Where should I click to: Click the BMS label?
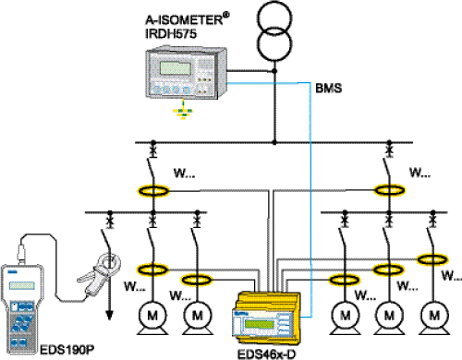[329, 89]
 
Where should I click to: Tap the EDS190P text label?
[67, 350]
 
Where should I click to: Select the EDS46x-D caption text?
[266, 354]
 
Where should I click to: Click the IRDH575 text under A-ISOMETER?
[171, 33]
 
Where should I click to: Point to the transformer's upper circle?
[274, 18]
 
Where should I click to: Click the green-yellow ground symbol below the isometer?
[183, 112]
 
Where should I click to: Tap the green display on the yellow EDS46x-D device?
[259, 324]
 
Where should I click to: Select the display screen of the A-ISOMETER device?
[175, 68]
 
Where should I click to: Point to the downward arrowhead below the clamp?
[109, 315]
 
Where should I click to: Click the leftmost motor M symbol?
[152, 316]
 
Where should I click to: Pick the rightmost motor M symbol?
[434, 316]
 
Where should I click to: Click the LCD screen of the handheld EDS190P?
[22, 285]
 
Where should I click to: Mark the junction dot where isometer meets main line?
[274, 71]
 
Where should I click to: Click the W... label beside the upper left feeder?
[184, 173]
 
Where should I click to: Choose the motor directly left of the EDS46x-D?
[198, 316]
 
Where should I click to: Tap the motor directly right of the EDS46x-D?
[346, 316]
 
